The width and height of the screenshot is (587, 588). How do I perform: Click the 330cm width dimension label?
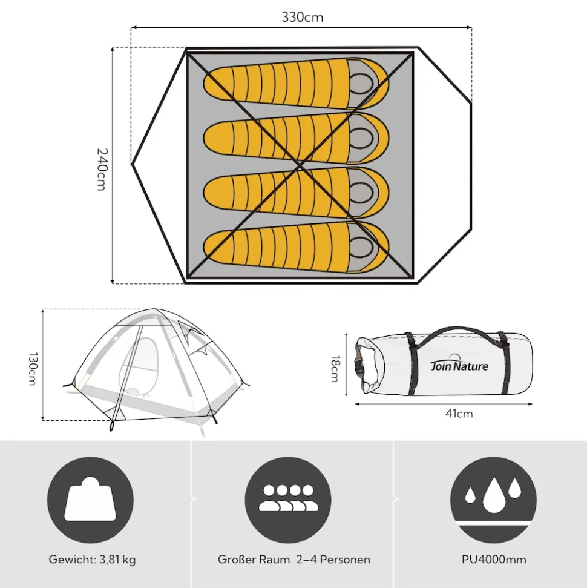tap(302, 17)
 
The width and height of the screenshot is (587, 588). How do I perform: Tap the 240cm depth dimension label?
tap(102, 170)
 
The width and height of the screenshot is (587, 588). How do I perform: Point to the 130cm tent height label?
tap(33, 369)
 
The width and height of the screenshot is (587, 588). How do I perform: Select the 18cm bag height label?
tap(335, 369)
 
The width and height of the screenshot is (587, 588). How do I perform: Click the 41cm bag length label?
tap(459, 414)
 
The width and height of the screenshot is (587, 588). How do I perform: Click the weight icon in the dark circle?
tap(90, 499)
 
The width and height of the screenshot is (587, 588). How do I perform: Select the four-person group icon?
tap(288, 498)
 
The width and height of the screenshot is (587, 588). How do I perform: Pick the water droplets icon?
tap(493, 495)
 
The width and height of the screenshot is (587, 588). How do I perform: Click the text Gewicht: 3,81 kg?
tap(92, 560)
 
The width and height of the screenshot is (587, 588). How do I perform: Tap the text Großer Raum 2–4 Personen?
tap(294, 560)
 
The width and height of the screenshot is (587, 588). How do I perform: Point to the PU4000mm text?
tap(494, 560)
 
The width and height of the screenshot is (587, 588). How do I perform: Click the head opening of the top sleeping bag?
tap(361, 83)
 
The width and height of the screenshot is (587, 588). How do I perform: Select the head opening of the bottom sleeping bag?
tap(361, 248)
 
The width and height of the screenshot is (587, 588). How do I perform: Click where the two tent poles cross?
tap(300, 165)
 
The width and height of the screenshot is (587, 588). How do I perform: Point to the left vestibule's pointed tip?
tap(133, 164)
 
